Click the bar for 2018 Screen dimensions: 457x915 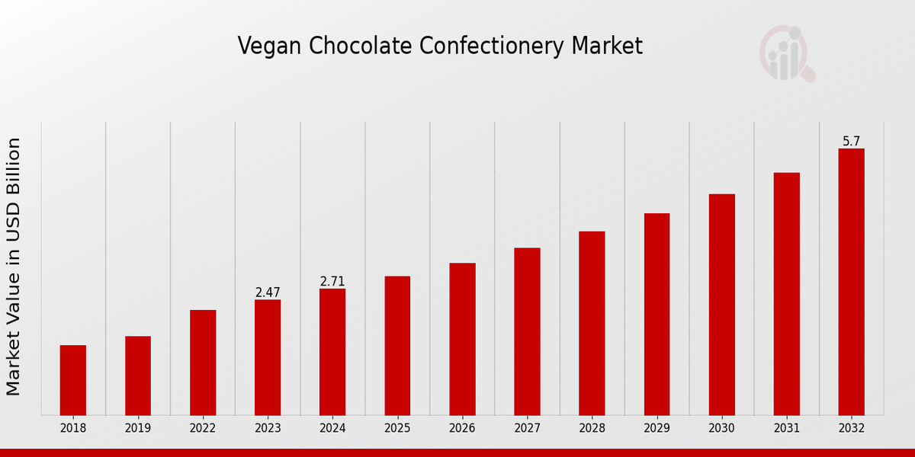coord(73,380)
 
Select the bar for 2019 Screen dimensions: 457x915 coord(138,376)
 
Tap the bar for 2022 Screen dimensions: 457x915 coord(203,363)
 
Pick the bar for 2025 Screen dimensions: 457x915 coord(397,346)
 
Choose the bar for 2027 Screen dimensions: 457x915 coord(527,331)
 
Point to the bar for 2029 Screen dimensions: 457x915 coord(657,314)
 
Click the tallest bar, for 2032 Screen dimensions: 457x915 coord(851,282)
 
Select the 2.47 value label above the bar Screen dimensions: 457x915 coord(268,292)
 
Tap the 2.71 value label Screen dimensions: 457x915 coord(332,282)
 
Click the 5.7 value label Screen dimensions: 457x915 coord(851,142)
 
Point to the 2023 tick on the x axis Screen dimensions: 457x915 coord(268,428)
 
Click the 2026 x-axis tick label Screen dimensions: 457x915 coord(462,428)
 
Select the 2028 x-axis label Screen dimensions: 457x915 coord(592,428)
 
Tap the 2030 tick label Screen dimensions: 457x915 coord(721,428)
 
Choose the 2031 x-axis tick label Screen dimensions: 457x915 coord(786,428)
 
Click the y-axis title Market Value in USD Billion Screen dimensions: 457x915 coord(14,267)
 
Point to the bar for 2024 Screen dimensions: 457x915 coord(332,352)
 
